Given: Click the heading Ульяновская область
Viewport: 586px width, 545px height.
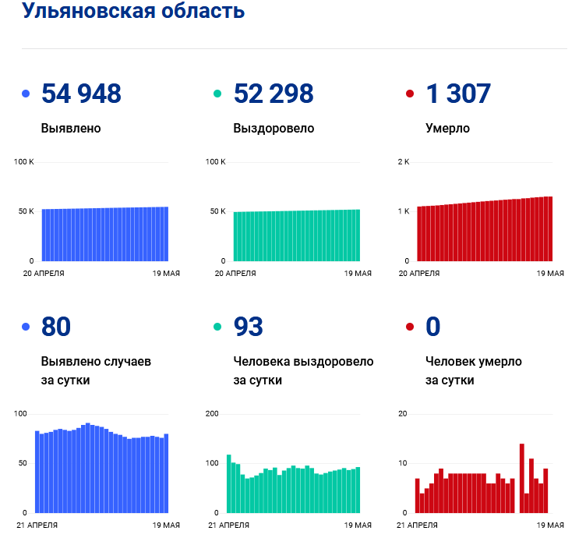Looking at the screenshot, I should click(x=133, y=12).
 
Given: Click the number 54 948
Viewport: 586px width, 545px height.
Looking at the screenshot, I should click(x=81, y=94).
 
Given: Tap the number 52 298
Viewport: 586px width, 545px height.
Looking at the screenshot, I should click(x=274, y=94).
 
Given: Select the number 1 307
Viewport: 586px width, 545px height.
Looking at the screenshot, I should click(x=458, y=94).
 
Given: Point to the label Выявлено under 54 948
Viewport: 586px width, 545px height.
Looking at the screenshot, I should click(x=71, y=128).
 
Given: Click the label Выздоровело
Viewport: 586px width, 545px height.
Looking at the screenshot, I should click(x=274, y=128).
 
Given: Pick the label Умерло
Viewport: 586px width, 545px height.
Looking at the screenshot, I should click(x=447, y=128).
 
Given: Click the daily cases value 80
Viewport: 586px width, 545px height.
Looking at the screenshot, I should click(x=56, y=327).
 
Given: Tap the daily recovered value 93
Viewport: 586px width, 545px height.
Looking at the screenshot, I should click(x=249, y=327).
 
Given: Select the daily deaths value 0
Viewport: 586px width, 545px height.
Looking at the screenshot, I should click(x=433, y=327).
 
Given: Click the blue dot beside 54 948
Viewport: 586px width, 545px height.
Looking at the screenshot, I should click(x=26, y=94).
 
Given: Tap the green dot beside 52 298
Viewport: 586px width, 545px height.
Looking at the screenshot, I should click(x=218, y=94).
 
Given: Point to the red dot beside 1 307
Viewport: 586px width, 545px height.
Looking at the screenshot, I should click(x=410, y=94).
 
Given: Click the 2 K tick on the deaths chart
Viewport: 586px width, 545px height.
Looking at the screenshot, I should click(x=404, y=162).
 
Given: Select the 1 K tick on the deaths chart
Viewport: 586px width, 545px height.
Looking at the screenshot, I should click(x=404, y=211).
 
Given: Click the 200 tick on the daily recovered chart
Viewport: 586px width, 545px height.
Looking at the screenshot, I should click(x=211, y=414).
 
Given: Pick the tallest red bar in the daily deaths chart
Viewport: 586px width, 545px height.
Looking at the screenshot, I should click(x=522, y=478).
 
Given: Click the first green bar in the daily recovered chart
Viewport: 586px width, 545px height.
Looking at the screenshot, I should click(x=229, y=483).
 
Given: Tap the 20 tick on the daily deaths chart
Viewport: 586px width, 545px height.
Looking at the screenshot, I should click(x=403, y=414).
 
